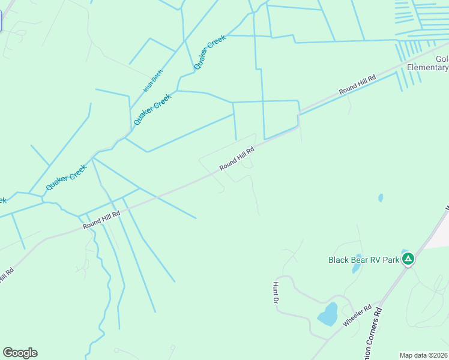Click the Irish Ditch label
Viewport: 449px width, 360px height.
[x=152, y=81]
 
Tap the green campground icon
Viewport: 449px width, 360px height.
[x=408, y=259]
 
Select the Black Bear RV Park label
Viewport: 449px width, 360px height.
[x=364, y=260]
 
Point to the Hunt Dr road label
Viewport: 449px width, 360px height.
[x=276, y=292]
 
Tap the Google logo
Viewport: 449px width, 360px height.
[x=20, y=353]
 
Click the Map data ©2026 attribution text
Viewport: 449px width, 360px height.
[x=424, y=355]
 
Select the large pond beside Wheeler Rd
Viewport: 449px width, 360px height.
[x=327, y=314]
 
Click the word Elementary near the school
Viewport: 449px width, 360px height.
[x=427, y=68]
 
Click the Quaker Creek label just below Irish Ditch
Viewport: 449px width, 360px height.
[x=152, y=109]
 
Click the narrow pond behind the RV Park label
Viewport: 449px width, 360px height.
[x=357, y=266]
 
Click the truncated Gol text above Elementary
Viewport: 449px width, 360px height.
[x=442, y=59]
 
